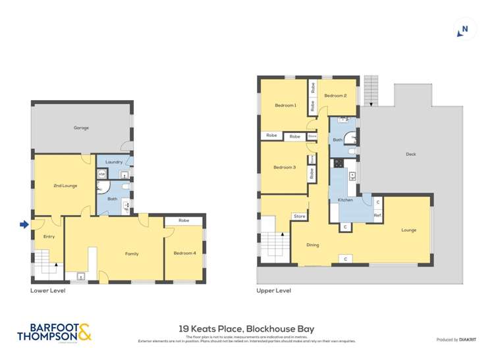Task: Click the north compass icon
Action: click(465, 30)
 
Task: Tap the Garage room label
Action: click(81, 128)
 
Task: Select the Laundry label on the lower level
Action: click(113, 162)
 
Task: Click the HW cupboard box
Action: click(102, 174)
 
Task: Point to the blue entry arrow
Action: click(24, 225)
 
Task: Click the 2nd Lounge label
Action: click(65, 186)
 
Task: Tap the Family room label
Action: click(132, 253)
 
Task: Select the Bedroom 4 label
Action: click(184, 253)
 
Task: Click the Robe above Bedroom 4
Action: click(183, 220)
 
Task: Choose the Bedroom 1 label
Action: click(285, 105)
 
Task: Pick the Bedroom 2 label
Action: click(335, 95)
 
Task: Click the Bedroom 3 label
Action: click(285, 167)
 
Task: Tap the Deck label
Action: click(411, 155)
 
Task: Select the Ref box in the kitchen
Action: click(377, 215)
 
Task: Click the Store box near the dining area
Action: click(299, 216)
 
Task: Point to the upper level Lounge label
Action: click(408, 230)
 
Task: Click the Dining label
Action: click(312, 245)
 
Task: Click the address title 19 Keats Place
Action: click(246, 328)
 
